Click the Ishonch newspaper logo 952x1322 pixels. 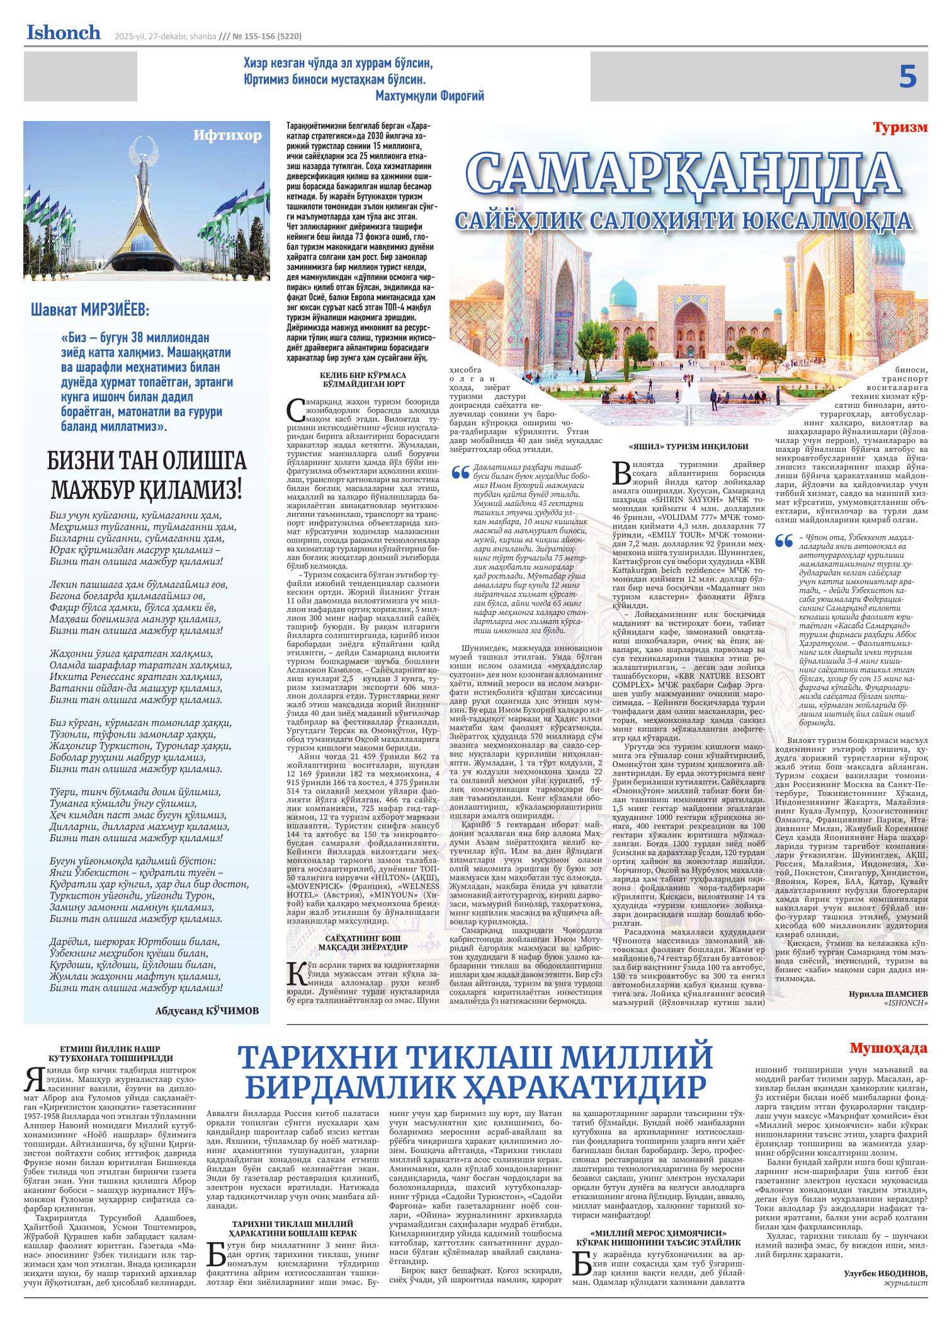(63, 33)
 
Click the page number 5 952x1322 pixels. (907, 77)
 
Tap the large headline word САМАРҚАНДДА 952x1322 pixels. (684, 175)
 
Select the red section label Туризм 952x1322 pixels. (900, 127)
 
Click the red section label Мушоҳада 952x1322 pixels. (888, 1049)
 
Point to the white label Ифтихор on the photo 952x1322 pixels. (227, 135)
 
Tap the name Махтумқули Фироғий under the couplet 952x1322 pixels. (429, 96)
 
